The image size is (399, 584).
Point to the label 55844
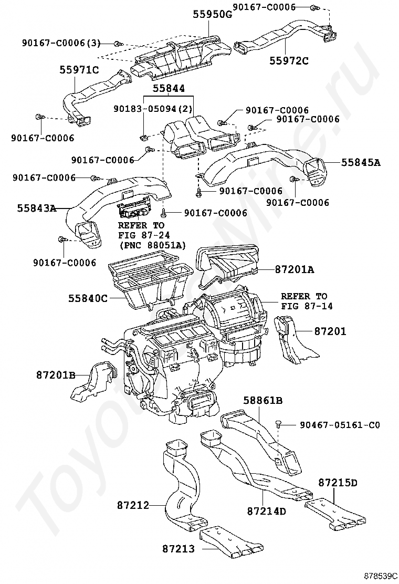click(x=169, y=89)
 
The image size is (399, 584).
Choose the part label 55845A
click(x=360, y=162)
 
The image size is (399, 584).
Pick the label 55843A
click(x=36, y=208)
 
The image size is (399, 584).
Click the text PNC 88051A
click(x=152, y=244)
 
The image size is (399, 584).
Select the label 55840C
click(x=87, y=298)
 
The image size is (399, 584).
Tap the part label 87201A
click(x=294, y=269)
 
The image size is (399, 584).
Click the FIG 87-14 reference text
click(x=307, y=306)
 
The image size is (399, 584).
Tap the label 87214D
click(x=266, y=510)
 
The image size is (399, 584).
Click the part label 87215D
click(x=338, y=483)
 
